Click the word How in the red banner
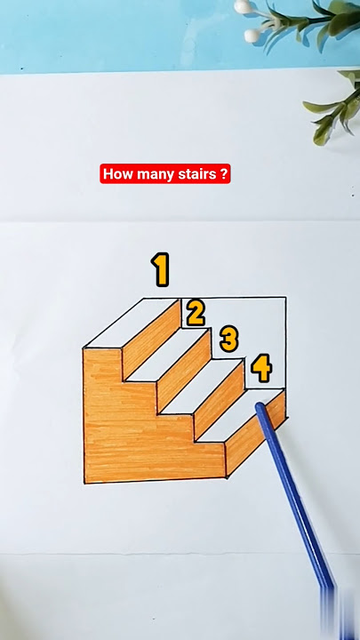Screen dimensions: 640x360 tap(116, 174)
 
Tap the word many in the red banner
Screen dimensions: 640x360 tap(150, 174)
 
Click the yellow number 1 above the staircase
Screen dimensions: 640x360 tap(160, 269)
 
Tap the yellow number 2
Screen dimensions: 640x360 tap(196, 312)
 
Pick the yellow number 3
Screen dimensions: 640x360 tap(229, 339)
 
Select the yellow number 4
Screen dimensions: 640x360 tap(260, 366)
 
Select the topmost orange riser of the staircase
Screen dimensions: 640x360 tap(151, 339)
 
